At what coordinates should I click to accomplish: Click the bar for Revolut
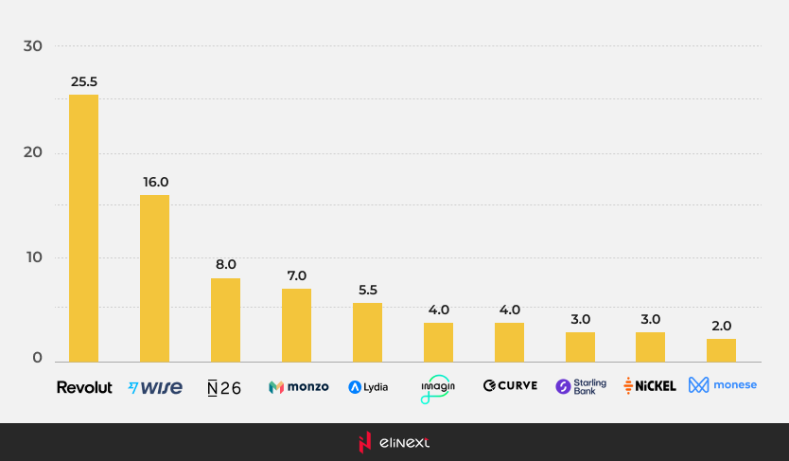pos(83,228)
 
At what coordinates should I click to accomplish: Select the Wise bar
pos(154,278)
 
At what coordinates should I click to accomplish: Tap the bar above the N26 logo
pos(225,320)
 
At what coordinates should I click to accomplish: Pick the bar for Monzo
pos(296,325)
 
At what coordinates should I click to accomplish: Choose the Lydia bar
pos(367,332)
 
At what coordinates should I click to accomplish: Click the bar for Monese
pos(721,350)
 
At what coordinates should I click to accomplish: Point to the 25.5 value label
pos(83,81)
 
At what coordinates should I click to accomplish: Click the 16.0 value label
pos(154,182)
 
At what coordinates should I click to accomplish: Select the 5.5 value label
pos(367,290)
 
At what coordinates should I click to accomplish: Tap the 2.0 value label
pos(721,326)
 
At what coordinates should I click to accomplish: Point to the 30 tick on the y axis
pos(33,46)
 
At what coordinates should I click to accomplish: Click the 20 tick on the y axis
pos(33,153)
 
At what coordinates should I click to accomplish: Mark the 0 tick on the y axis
pos(38,358)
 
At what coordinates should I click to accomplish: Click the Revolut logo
pos(84,387)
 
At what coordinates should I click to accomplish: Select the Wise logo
pos(155,387)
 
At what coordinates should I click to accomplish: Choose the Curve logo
pos(510,386)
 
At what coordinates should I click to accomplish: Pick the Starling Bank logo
pos(581,386)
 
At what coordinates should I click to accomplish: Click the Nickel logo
pos(650,386)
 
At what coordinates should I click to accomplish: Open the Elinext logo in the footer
pos(394,442)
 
